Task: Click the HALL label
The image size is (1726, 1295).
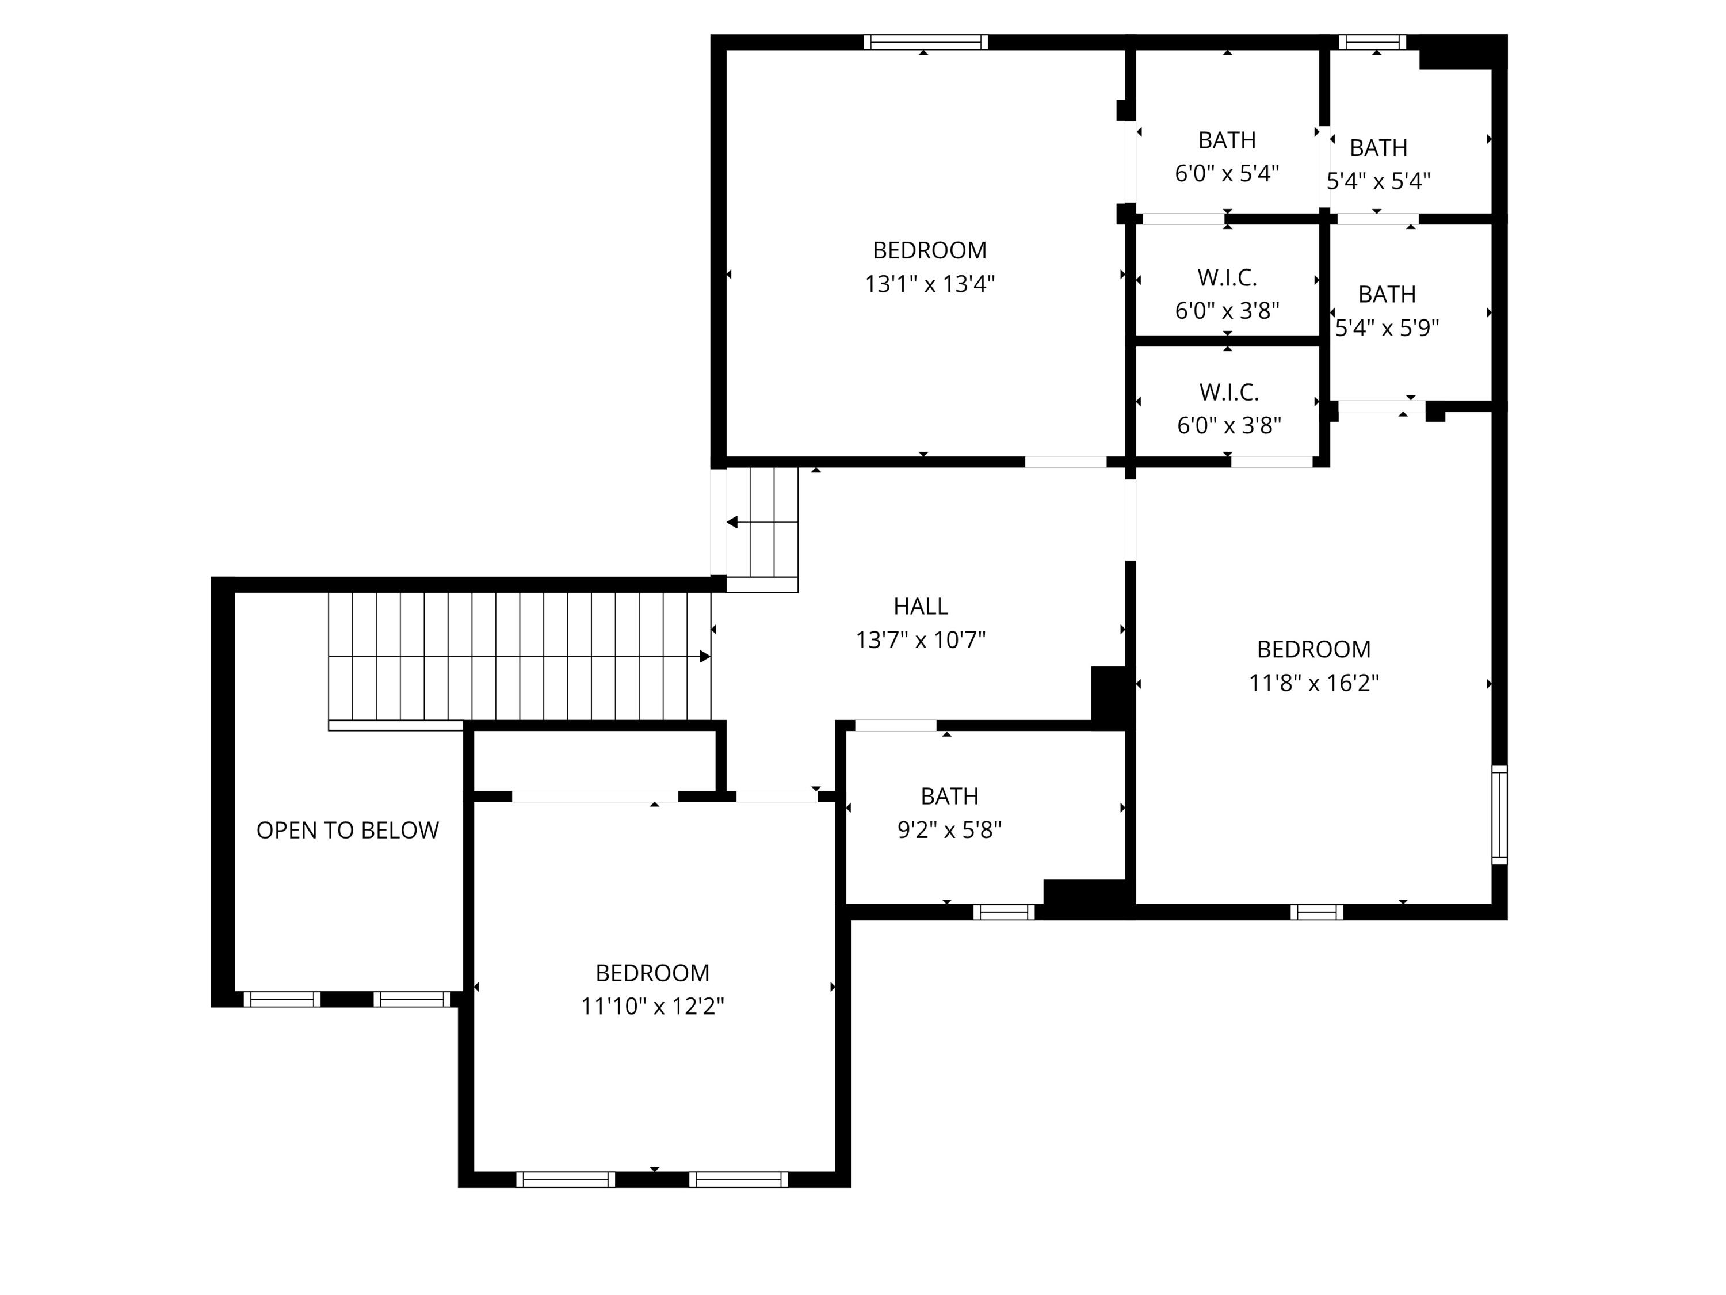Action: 920,605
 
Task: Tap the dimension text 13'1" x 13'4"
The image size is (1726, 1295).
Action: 929,283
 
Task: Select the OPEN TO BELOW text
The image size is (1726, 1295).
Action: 348,830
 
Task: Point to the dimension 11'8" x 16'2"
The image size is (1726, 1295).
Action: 1313,683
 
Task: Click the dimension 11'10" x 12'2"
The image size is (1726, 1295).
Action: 652,1006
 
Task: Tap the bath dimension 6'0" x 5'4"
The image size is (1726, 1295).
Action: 1227,173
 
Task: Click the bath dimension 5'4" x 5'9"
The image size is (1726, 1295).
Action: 1387,328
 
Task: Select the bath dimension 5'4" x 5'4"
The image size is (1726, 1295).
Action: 1378,181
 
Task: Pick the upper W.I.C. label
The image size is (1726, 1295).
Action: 1227,277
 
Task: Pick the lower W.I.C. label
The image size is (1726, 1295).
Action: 1228,392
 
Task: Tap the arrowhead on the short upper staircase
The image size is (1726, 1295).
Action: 732,522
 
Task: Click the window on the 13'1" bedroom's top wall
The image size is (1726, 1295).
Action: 925,42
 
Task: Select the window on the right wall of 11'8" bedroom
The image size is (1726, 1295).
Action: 1499,815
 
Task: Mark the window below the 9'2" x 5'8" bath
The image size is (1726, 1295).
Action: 1003,912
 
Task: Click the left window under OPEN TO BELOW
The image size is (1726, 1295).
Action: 282,999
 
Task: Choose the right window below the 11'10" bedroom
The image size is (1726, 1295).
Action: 738,1179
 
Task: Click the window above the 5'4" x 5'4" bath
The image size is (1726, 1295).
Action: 1373,42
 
